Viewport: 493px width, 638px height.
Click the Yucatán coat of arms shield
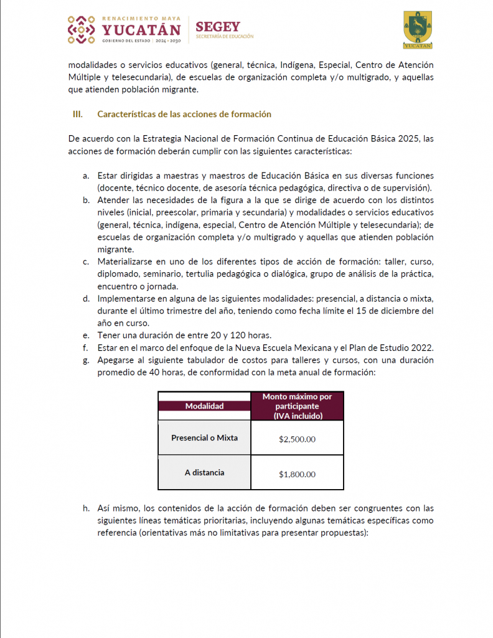coord(418,29)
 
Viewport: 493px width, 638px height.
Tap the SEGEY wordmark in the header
coord(217,26)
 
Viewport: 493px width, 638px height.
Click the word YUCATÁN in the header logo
coord(141,29)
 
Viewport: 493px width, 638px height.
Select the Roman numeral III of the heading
coord(78,115)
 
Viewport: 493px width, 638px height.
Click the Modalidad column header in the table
coord(204,406)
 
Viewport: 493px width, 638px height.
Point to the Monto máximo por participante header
coord(297,406)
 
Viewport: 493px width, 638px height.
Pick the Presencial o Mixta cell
coord(204,437)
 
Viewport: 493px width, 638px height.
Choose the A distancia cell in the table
coord(204,472)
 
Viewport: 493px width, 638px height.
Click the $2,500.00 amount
coord(297,439)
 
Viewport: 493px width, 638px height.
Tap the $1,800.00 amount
coord(297,474)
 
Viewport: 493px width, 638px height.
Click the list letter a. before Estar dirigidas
coord(86,176)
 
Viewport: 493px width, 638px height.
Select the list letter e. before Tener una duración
coord(86,335)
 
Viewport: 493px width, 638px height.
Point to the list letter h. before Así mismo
coord(86,508)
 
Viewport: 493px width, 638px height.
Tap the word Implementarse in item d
coord(124,298)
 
